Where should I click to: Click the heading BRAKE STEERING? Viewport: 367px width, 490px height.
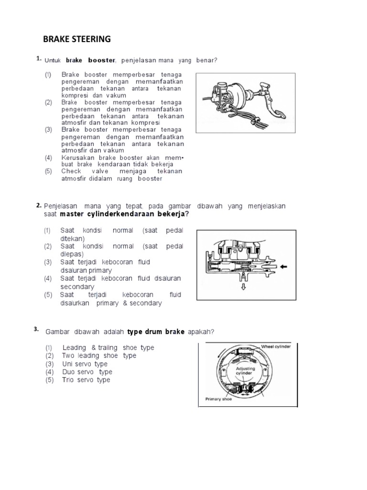tap(76, 39)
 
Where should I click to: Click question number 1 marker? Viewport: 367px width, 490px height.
tap(38, 58)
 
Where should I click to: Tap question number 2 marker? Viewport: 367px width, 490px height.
tap(38, 205)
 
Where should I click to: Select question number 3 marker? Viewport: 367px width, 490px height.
tap(36, 329)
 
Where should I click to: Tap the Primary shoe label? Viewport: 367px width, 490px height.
tap(218, 400)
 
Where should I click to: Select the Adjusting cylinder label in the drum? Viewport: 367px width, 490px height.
tap(245, 372)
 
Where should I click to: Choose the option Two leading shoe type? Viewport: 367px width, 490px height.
tap(98, 356)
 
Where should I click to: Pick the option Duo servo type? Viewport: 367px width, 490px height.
tap(87, 372)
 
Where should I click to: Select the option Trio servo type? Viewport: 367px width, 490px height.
tap(86, 380)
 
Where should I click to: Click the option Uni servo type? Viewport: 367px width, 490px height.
tap(85, 364)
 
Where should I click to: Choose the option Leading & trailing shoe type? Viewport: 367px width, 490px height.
tap(108, 347)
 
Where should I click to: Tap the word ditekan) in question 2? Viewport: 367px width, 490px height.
tap(72, 238)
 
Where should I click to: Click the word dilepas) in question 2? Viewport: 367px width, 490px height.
tap(72, 254)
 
